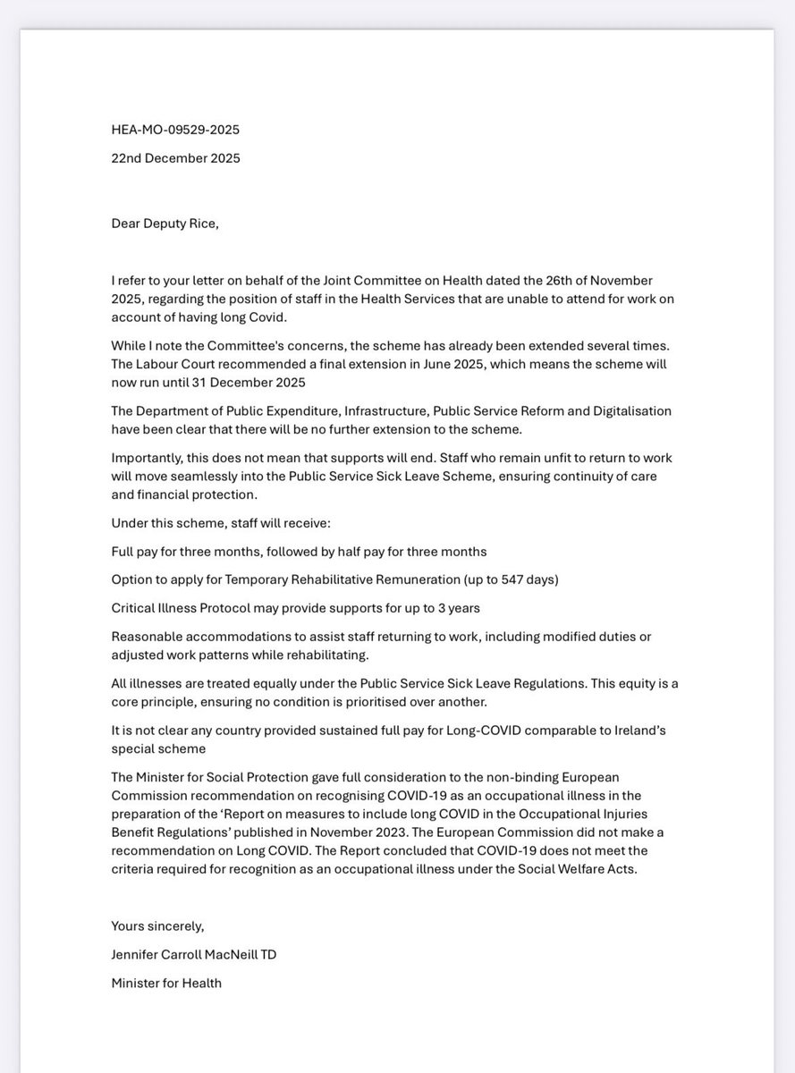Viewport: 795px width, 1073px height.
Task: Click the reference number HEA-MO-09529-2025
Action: click(x=175, y=130)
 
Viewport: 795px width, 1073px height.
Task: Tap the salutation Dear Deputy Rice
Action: click(x=165, y=224)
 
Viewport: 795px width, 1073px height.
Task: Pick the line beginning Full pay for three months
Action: click(x=299, y=551)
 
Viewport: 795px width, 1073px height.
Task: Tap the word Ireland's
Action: click(x=637, y=731)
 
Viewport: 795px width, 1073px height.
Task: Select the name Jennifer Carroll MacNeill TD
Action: click(x=194, y=954)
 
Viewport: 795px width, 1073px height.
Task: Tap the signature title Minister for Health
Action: click(x=166, y=983)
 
